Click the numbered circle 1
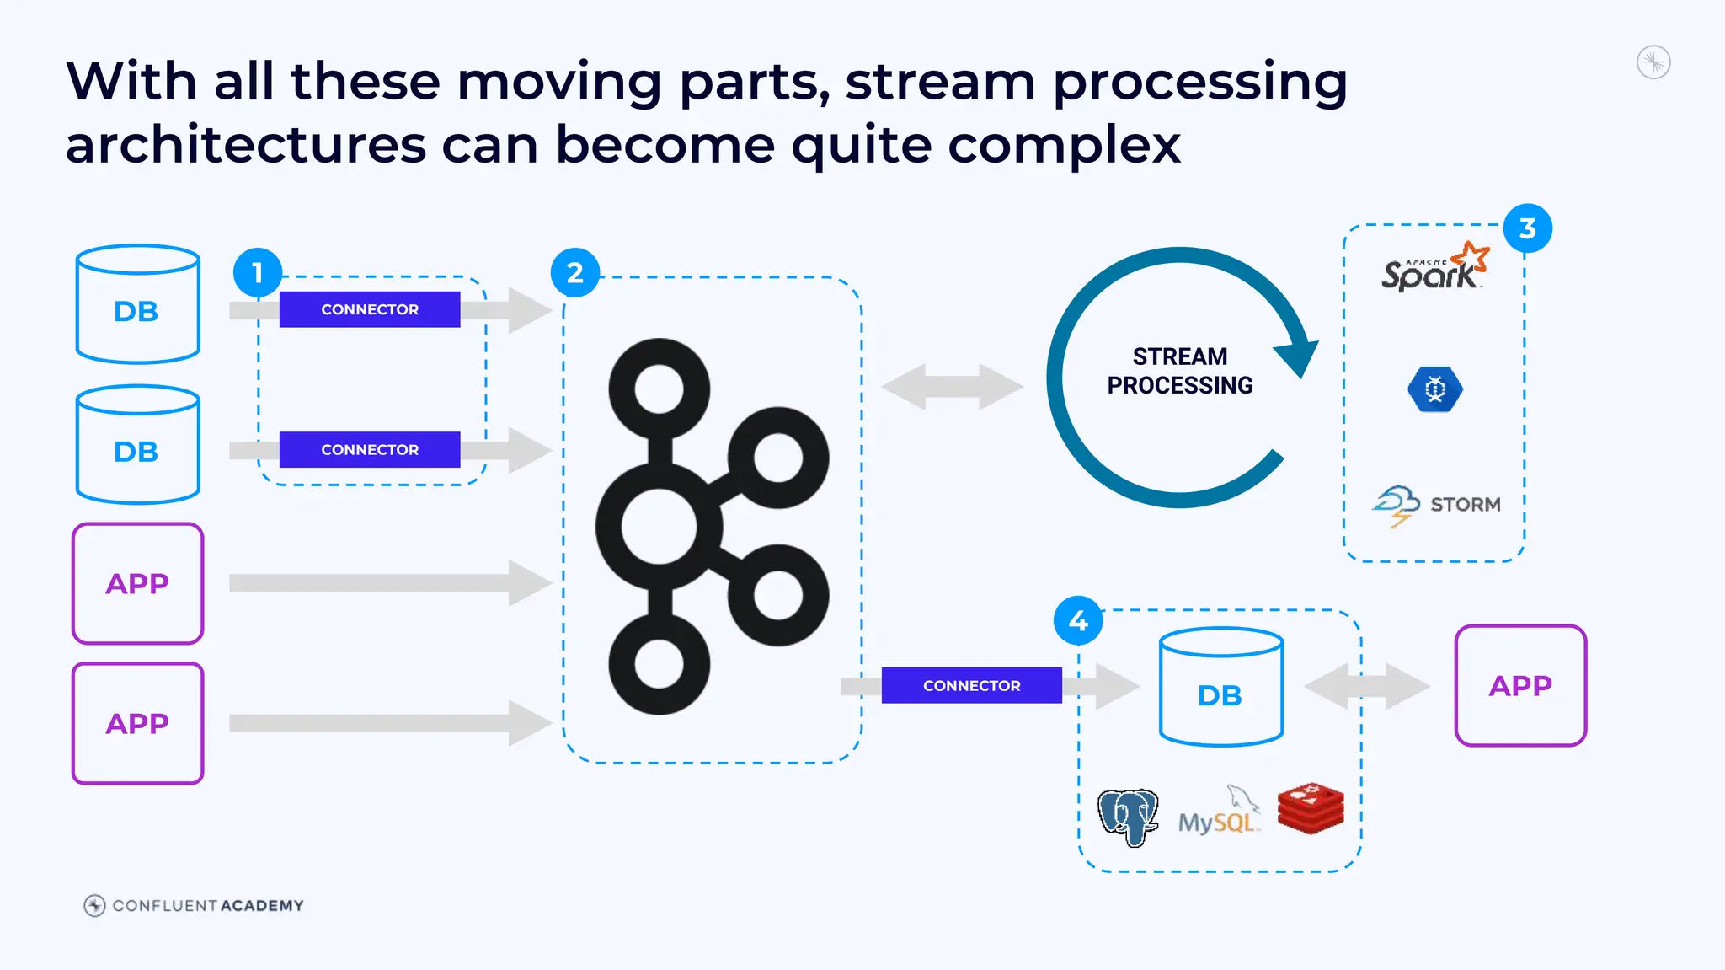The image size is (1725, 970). pos(258,272)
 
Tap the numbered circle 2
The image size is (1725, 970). pos(575,272)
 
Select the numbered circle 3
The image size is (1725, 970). pos(1527,228)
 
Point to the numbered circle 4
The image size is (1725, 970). pos(1078,620)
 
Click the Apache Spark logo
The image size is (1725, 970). pos(1434,268)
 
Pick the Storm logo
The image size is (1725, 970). pos(1437,505)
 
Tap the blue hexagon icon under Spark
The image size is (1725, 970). pos(1435,389)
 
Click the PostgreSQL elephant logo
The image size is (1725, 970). pos(1128,817)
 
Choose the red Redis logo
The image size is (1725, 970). pos(1311,808)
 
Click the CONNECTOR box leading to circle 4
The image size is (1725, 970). pos(971,685)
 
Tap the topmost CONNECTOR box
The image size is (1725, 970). pos(370,309)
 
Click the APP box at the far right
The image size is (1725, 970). pos(1520,685)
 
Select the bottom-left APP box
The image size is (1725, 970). pos(137,723)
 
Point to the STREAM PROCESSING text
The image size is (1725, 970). pos(1179,371)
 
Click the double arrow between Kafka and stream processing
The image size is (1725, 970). pos(952,387)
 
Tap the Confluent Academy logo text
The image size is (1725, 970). pos(207,905)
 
